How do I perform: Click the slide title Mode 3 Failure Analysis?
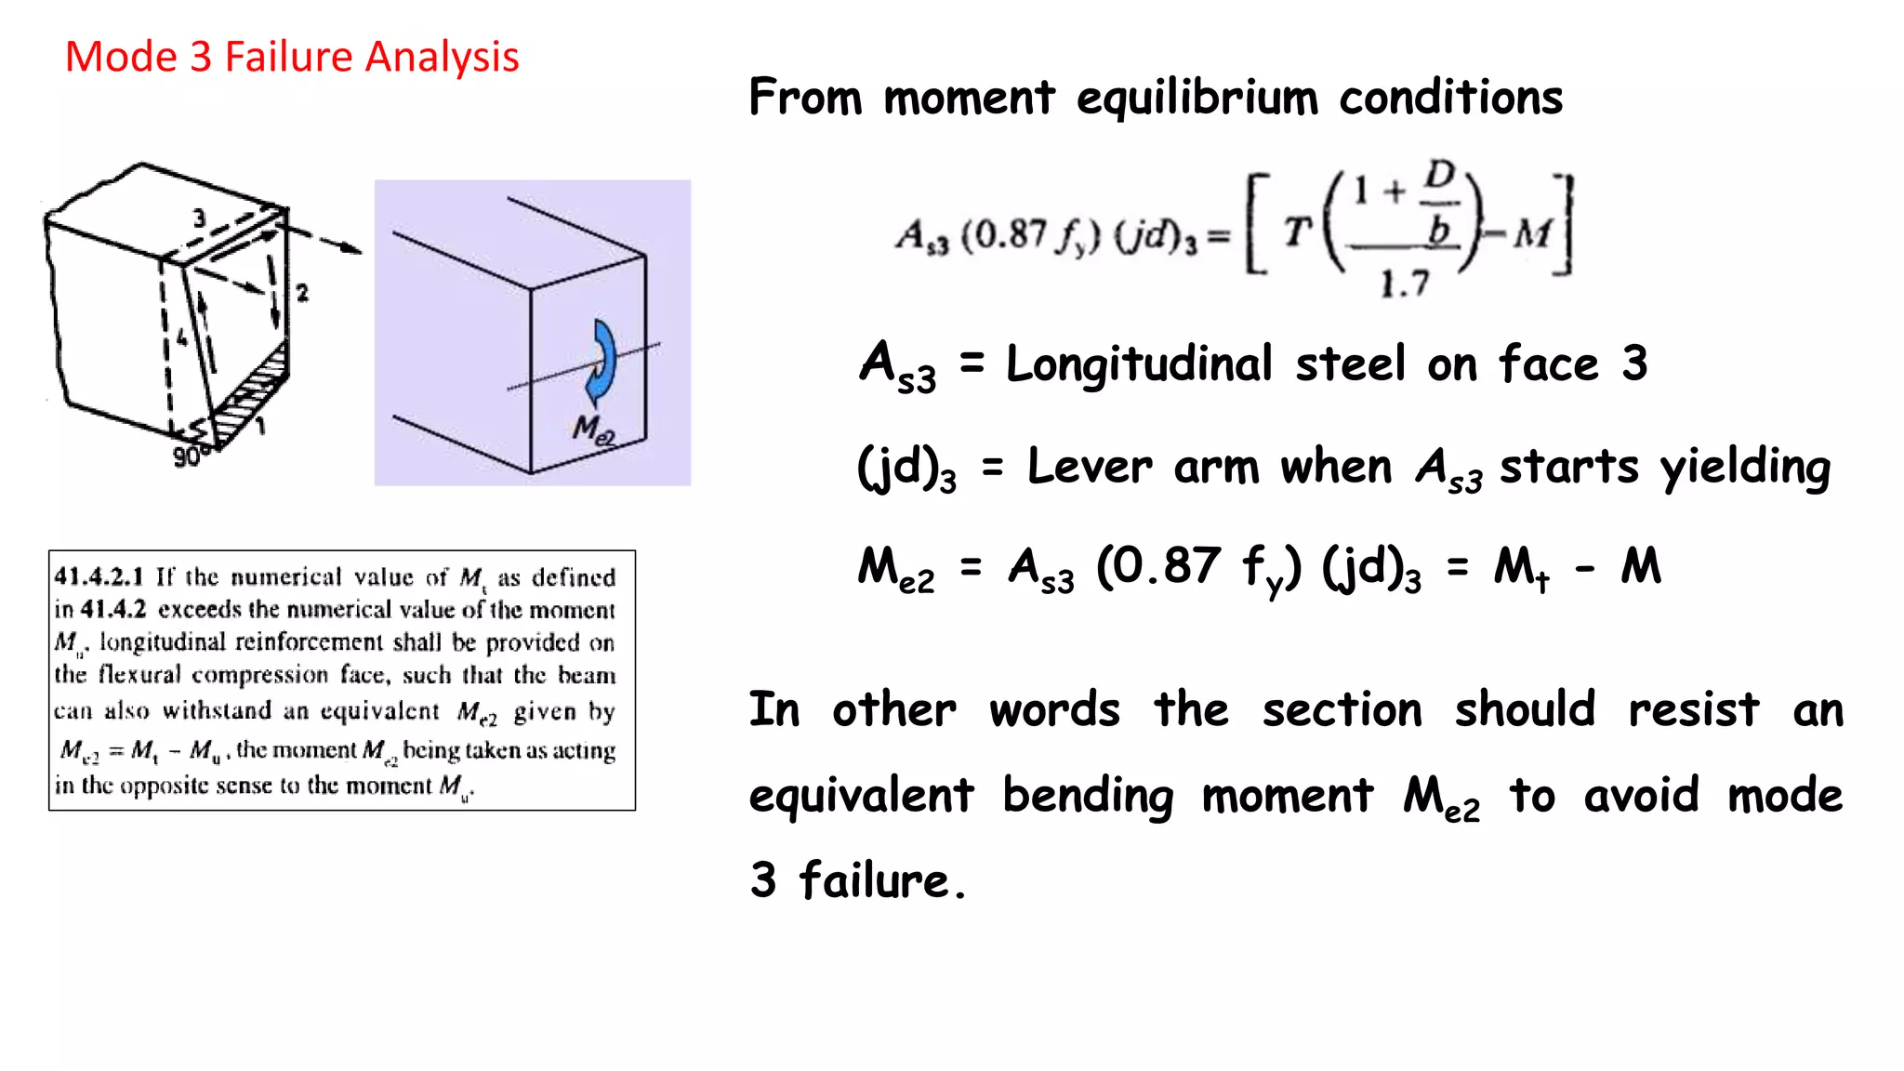(292, 58)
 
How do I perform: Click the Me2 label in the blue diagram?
(593, 430)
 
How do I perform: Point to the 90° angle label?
(188, 456)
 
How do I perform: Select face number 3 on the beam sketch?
(199, 218)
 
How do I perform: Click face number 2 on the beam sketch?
(302, 293)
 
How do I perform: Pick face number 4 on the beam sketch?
(181, 337)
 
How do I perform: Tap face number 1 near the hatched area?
(261, 426)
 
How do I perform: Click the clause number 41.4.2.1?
(99, 576)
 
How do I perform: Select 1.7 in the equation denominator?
(1404, 284)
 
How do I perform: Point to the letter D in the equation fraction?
(1439, 175)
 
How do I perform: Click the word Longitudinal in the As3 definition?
(1139, 364)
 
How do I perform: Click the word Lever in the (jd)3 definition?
(1090, 467)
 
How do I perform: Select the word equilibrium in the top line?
(1197, 98)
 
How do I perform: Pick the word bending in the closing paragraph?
(1088, 796)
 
